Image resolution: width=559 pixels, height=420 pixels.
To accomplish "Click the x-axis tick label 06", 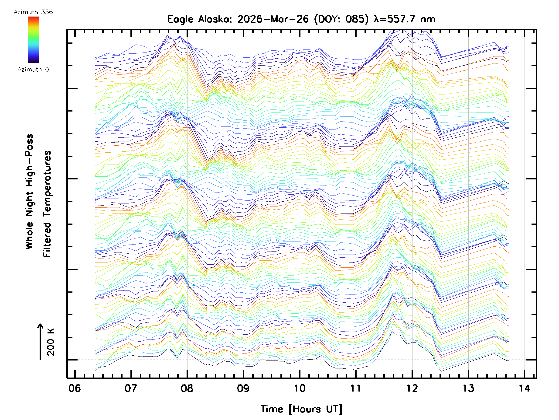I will coord(75,388).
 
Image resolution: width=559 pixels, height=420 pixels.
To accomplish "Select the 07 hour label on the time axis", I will coord(131,388).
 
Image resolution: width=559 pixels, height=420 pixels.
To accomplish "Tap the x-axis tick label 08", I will coord(187,388).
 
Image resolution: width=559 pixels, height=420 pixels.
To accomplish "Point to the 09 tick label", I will coord(243,388).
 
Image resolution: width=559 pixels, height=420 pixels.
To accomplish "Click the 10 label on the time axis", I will coord(300,388).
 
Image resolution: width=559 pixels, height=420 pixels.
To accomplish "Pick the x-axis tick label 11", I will coord(356,388).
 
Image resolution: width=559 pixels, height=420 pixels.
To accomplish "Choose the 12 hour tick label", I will coord(412,388).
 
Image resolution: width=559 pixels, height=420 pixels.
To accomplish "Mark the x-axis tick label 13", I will coord(468,388).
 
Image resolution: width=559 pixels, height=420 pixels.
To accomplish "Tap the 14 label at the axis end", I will coord(525,388).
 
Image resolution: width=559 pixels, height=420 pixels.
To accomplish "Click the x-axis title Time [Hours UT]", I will coord(301,409).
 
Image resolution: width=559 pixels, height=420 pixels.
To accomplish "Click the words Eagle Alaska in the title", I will coord(199,19).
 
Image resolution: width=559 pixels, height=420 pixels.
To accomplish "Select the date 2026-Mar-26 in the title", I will coord(273,19).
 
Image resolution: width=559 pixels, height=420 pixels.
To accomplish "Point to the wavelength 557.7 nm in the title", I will coord(405,19).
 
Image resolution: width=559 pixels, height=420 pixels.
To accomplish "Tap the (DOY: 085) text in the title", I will coord(341,19).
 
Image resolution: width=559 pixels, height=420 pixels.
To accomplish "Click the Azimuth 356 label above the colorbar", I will coord(33,12).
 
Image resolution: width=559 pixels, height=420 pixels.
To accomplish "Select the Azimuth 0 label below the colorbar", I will coord(33,69).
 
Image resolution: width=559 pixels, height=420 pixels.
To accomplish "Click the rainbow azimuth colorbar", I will coord(34,40).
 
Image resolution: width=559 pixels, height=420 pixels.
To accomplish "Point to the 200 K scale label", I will coord(51,342).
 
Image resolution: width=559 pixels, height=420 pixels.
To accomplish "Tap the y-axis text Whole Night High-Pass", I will coord(29,191).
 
